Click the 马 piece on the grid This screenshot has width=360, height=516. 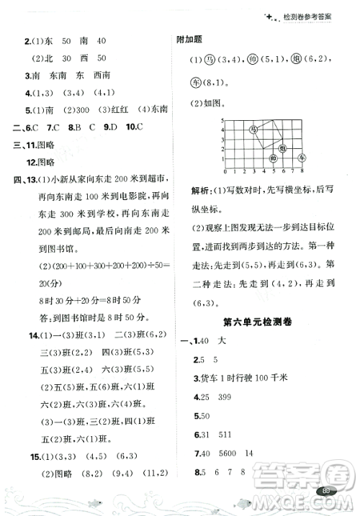[253, 130]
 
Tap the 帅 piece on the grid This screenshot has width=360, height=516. [273, 158]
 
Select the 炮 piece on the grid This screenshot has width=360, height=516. [283, 148]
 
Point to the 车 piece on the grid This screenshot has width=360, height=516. [302, 158]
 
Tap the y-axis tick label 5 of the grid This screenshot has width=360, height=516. [222, 120]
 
